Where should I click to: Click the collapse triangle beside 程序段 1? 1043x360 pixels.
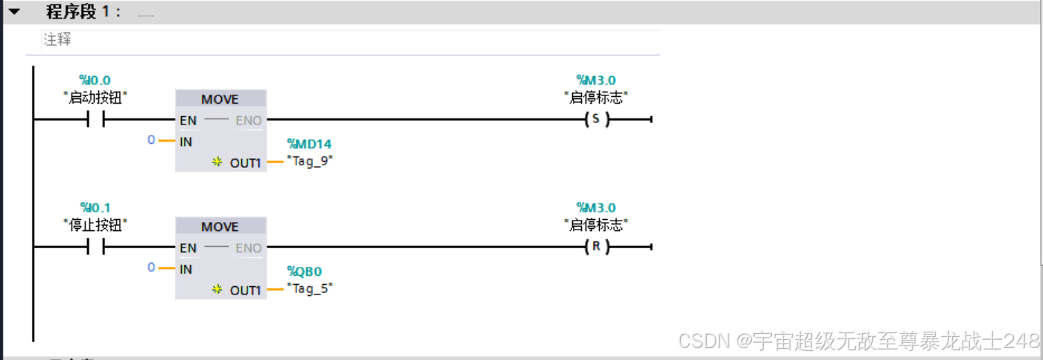pos(14,11)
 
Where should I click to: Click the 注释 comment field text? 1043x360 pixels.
pos(57,40)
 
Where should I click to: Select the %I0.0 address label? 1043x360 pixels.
pos(95,80)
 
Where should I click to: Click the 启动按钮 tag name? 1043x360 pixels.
pos(95,97)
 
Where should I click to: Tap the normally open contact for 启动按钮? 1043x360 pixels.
pos(95,119)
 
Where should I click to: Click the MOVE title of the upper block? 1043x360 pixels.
pos(220,99)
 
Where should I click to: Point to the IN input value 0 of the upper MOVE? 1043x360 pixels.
pos(151,139)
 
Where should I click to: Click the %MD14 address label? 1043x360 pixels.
pos(309,144)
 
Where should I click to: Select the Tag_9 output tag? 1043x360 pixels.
pos(310,161)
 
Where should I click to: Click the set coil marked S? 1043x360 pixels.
pos(595,119)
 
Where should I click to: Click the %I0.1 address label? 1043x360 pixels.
pos(95,207)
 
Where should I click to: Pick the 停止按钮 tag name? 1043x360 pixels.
pos(95,224)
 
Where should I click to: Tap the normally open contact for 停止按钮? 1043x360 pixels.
pos(95,247)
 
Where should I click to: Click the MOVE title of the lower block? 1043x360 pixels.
pos(220,227)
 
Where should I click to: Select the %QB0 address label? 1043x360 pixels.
pos(305,271)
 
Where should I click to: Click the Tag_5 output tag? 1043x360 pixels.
pos(310,288)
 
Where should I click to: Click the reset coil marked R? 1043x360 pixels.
pos(595,247)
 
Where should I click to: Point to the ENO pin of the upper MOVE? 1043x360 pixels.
pos(248,120)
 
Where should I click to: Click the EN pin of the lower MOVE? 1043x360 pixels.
pos(188,247)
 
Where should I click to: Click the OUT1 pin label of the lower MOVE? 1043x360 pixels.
pos(245,290)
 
